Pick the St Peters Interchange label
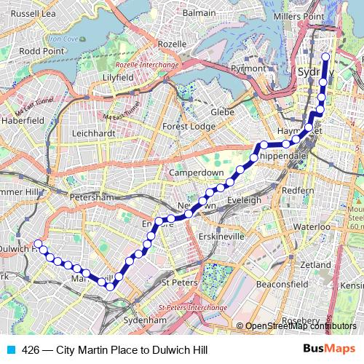[x=188, y=308]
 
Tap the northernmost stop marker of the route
[x=325, y=57]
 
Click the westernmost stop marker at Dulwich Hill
[x=38, y=245]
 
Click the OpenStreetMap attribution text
[x=298, y=326]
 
